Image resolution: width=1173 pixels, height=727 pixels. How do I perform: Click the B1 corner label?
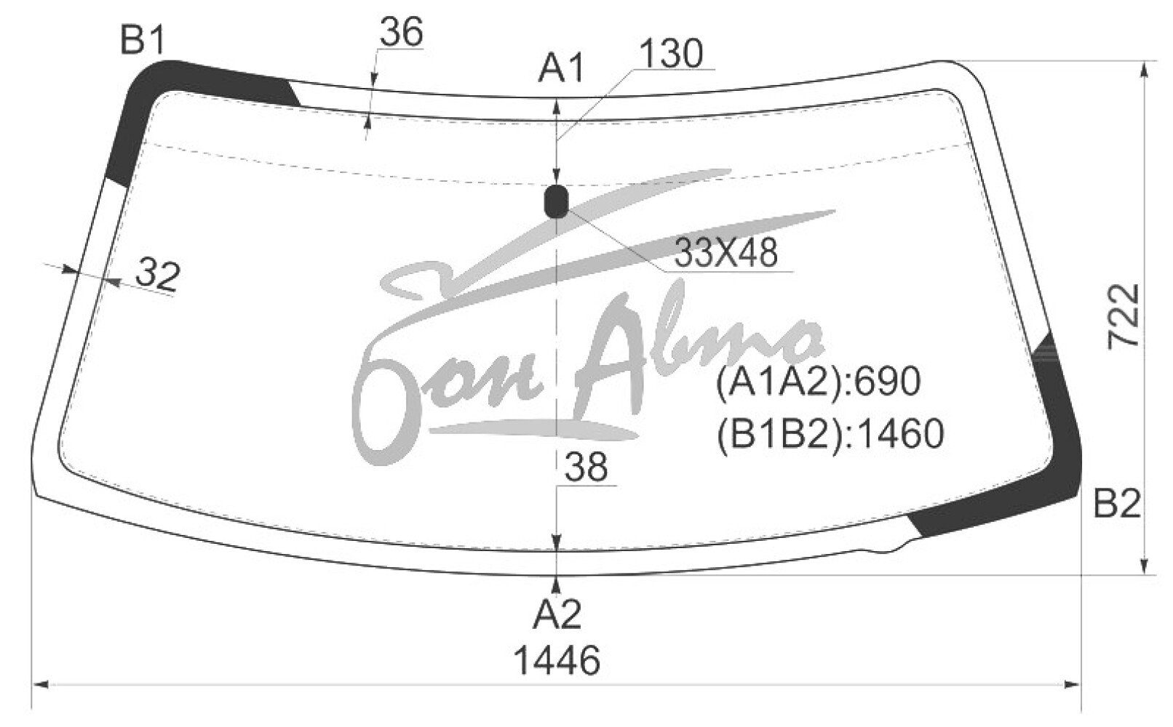coord(143,41)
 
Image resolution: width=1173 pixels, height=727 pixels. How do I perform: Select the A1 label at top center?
coord(561,68)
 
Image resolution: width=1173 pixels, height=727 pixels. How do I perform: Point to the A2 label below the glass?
coord(557,614)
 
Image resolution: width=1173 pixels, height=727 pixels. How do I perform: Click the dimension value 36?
coord(401,32)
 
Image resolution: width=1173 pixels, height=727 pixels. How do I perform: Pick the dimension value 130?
coord(671,53)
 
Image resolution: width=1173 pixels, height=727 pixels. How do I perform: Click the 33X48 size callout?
coord(725,252)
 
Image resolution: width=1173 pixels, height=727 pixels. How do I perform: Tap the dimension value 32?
coord(158,275)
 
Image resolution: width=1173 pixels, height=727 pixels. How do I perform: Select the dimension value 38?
coord(586,467)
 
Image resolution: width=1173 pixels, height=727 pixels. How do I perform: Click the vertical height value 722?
coord(1124,316)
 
